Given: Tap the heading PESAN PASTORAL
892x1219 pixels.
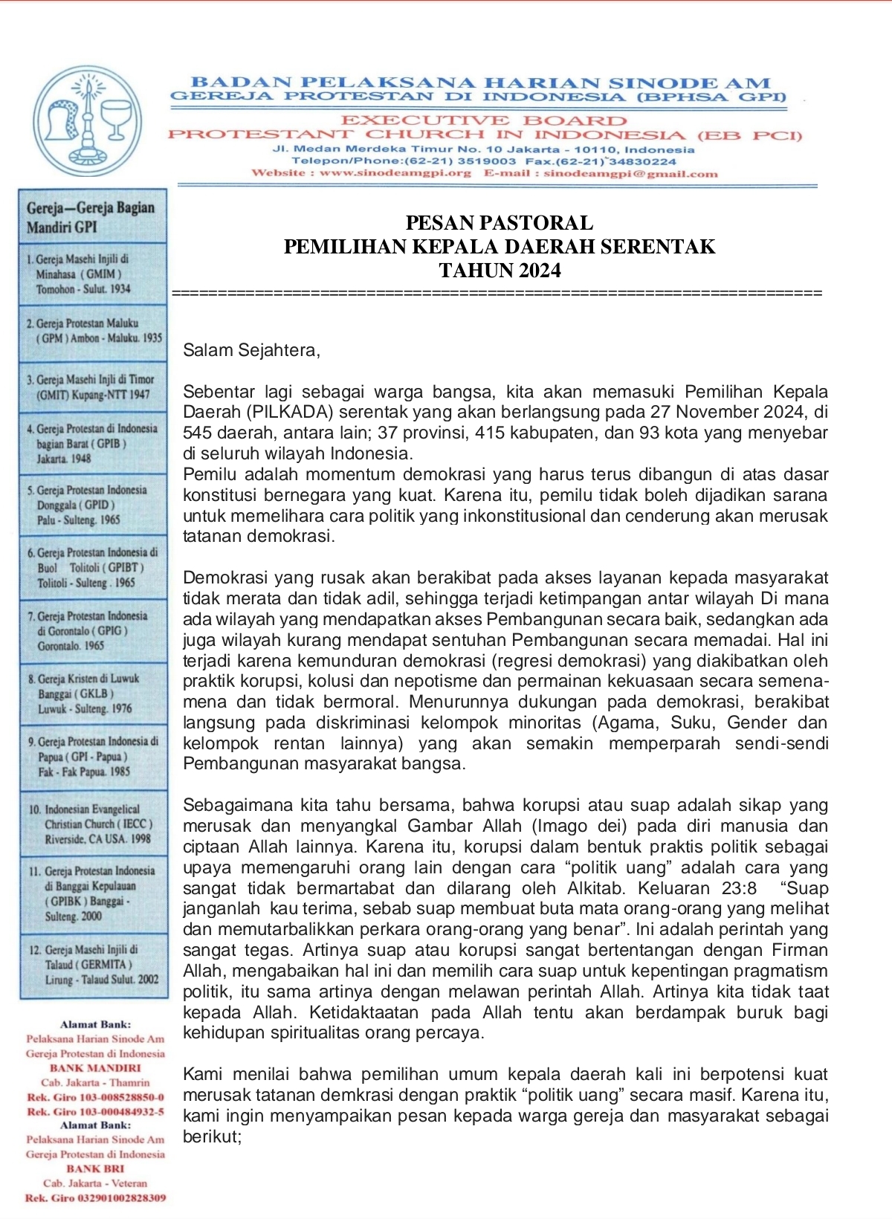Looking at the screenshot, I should click(x=500, y=223).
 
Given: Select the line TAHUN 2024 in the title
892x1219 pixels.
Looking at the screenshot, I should click(x=500, y=271).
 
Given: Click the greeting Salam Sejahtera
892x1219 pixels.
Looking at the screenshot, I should click(x=251, y=350).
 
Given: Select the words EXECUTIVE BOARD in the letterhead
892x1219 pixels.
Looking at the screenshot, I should click(x=484, y=120).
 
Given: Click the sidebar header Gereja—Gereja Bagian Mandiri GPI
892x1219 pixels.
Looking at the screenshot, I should click(x=91, y=217).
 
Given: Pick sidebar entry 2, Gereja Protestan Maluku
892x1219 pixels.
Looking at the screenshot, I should click(x=94, y=331).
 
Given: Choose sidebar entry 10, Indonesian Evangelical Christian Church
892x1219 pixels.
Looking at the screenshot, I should click(x=94, y=824).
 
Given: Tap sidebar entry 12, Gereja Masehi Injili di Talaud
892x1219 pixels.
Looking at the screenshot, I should click(x=94, y=965).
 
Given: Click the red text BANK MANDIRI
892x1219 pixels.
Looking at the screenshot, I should click(x=95, y=1068).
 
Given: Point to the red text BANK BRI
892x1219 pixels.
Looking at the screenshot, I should click(x=95, y=1168).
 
